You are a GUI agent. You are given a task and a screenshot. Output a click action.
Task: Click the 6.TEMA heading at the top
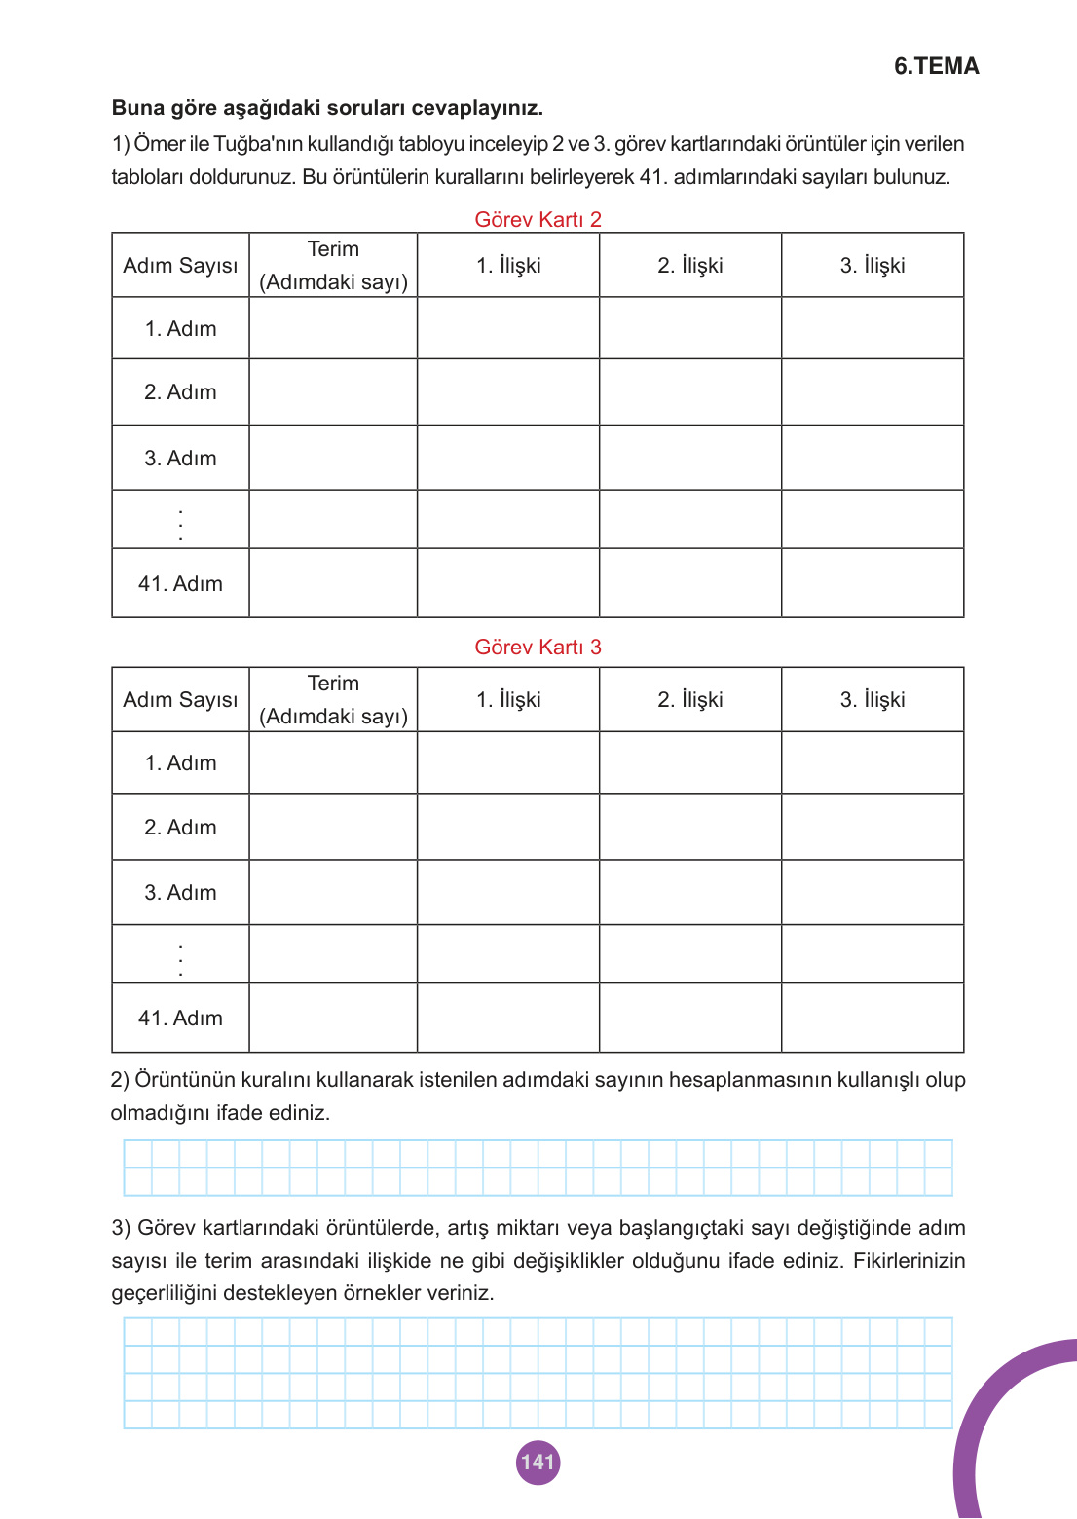point(936,66)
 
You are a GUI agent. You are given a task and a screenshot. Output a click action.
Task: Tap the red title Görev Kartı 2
point(538,219)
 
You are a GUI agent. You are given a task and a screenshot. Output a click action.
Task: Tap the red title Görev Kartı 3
point(538,647)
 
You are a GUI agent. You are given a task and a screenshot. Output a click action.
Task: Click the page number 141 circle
point(538,1462)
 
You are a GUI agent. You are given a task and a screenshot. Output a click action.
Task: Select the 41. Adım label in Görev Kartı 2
point(180,583)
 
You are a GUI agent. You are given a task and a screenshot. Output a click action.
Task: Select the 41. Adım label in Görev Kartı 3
point(180,1018)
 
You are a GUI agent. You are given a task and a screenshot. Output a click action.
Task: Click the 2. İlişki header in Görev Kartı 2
point(689,265)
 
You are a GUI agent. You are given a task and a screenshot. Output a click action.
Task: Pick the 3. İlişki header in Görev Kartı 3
point(872,699)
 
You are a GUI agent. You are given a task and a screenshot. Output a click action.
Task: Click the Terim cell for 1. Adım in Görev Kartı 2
point(333,328)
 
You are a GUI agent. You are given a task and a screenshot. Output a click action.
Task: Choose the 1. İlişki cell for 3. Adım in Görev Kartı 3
point(507,892)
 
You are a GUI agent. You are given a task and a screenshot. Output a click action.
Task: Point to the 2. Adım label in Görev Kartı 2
point(180,391)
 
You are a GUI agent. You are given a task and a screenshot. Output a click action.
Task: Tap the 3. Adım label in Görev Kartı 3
point(180,892)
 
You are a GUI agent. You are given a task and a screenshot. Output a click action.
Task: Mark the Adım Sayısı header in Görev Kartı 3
point(180,699)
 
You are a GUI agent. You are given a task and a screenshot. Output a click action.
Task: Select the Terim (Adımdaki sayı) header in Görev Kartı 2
point(333,265)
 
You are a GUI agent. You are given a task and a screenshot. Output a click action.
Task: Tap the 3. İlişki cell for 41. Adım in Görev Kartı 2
point(872,583)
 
